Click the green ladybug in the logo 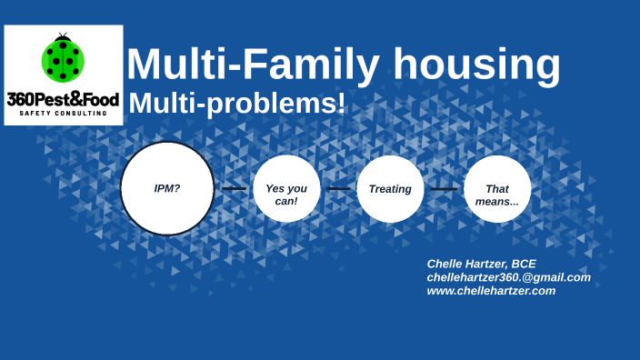click(x=63, y=60)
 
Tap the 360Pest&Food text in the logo click(x=63, y=98)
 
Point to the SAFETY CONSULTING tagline click(x=63, y=114)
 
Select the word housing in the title click(x=476, y=65)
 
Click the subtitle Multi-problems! click(x=236, y=104)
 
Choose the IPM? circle click(x=167, y=188)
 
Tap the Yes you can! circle click(x=286, y=189)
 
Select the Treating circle click(x=390, y=189)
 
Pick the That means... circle click(x=497, y=189)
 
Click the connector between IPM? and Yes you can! click(x=234, y=189)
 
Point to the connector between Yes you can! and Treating click(x=338, y=189)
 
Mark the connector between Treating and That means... click(x=444, y=189)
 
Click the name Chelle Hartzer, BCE click(x=481, y=264)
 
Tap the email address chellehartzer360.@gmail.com click(x=508, y=277)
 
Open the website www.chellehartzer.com click(x=491, y=291)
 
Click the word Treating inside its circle click(x=390, y=189)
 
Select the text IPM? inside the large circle click(x=167, y=188)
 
